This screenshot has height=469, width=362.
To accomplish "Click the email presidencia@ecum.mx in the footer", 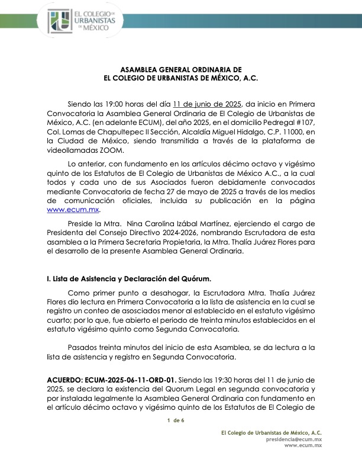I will (x=294, y=439).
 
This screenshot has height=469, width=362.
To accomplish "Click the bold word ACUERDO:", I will (x=66, y=378).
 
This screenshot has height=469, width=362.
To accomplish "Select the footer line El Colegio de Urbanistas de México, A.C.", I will (x=271, y=433).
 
